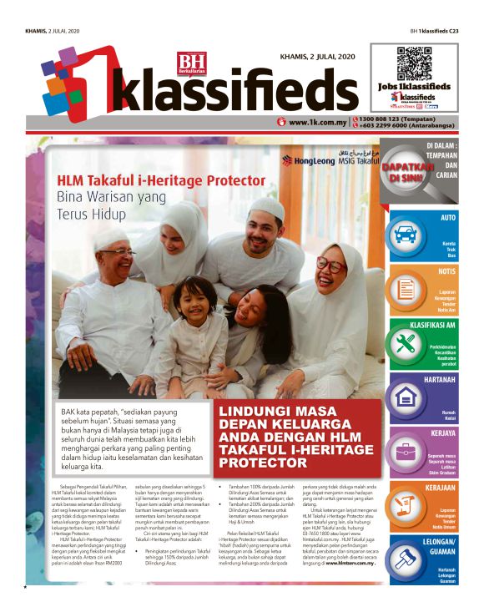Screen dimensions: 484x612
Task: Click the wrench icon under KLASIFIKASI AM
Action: pos(406,342)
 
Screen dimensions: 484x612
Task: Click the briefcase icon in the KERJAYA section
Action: pos(406,452)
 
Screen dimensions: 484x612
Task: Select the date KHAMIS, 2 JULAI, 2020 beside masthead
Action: pos(312,56)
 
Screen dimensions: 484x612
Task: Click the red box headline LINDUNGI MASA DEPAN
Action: pos(296,435)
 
